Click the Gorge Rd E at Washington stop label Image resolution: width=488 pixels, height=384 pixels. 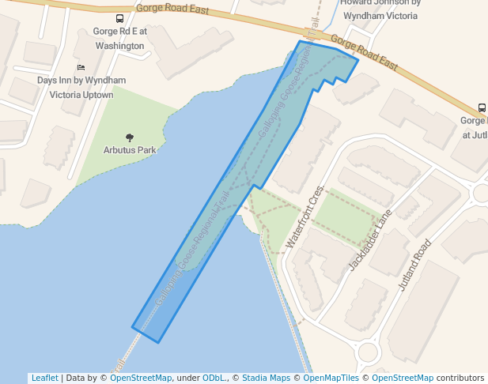(119, 39)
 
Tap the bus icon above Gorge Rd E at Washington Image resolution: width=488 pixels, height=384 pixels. (119, 19)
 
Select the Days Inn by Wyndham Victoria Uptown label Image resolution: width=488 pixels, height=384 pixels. (81, 87)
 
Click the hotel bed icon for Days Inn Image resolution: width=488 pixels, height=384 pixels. (81, 68)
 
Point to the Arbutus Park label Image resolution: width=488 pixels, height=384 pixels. (130, 149)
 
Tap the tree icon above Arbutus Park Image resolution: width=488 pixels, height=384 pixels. (130, 137)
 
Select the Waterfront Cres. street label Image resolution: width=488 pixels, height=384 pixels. (305, 217)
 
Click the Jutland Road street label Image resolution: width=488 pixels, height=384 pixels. (416, 265)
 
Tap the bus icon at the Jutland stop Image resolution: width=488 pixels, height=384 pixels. (482, 108)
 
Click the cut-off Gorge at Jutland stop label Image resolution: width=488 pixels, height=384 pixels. (475, 127)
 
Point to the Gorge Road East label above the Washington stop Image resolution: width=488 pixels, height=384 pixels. (172, 9)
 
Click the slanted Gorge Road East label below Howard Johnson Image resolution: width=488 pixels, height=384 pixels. (364, 52)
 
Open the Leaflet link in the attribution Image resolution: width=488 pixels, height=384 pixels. (44, 378)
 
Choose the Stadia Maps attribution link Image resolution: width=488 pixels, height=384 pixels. (266, 378)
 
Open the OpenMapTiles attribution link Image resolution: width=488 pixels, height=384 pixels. (331, 378)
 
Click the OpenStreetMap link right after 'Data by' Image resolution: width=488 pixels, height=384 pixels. (141, 378)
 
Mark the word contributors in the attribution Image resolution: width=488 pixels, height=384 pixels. (460, 378)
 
